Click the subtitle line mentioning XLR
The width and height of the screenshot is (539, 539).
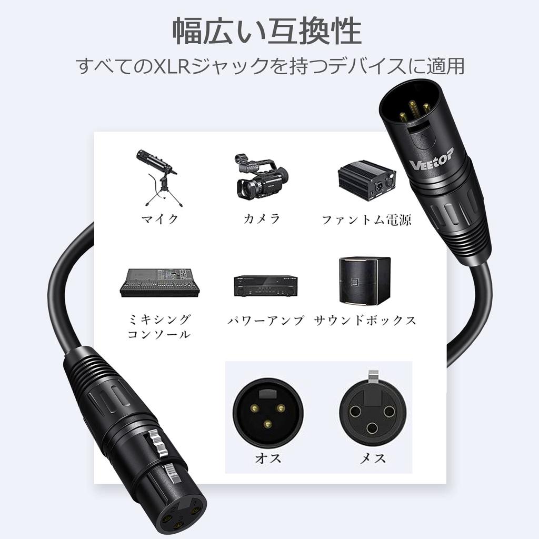(x=269, y=68)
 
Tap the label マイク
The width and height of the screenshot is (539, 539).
(x=160, y=219)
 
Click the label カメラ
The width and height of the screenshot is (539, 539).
(x=261, y=219)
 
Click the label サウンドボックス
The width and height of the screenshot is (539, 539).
(x=365, y=320)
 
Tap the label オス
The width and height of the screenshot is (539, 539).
(x=268, y=458)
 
